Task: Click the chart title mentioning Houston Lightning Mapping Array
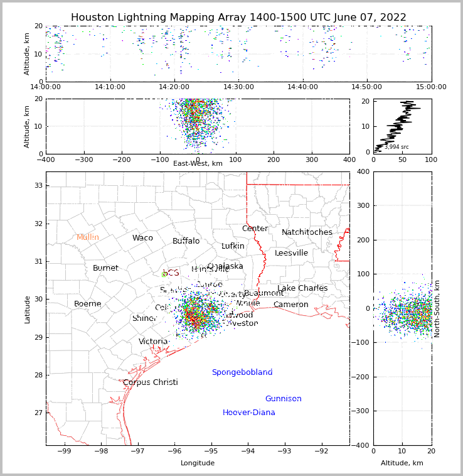coord(238,18)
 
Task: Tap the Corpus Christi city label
coord(150,382)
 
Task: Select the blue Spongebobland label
coord(242,372)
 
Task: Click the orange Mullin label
coord(88,237)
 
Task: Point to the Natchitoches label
coord(307,232)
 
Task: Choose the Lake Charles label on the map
coord(302,288)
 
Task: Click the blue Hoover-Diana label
coord(248,413)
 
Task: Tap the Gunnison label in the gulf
coord(283,399)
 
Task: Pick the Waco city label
coord(142,238)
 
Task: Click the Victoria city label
coord(153,342)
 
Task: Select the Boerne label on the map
coord(87,304)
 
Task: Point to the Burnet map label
coord(105,268)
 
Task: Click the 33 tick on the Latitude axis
coord(37,185)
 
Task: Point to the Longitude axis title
coord(198,463)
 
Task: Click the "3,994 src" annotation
coord(396,147)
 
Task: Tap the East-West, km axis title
coord(198,163)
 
